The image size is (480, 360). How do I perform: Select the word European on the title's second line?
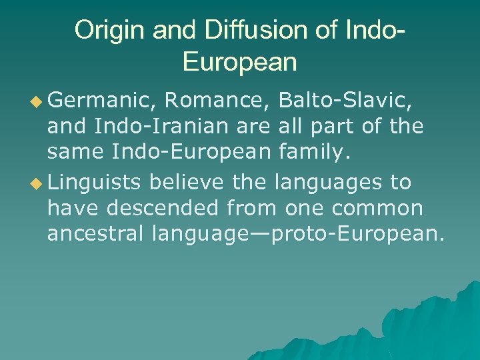click(239, 62)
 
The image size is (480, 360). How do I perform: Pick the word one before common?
click(305, 208)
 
